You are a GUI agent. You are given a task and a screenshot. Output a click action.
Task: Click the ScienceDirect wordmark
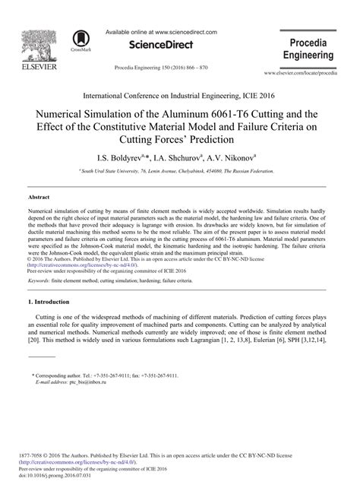click(160, 46)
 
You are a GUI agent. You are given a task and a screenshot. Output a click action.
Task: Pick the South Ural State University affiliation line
click(179, 172)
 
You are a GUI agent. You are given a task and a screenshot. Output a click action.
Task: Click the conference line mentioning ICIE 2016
click(179, 96)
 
